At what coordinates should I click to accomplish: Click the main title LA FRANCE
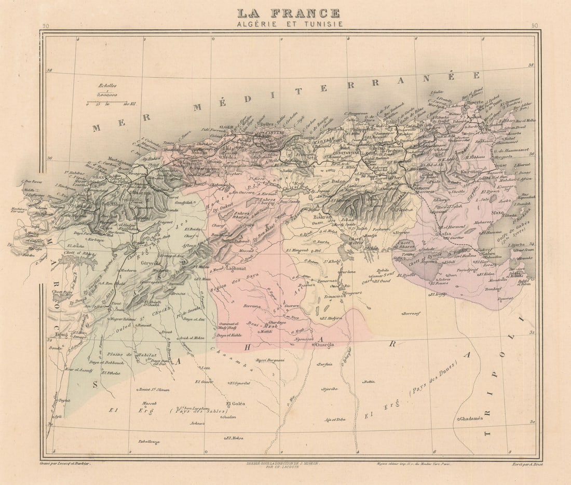coord(289,13)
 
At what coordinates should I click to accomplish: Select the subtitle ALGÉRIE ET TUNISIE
coord(289,24)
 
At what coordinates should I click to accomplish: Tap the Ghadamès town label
coord(471,419)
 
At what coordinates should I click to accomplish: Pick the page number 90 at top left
coord(46,26)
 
